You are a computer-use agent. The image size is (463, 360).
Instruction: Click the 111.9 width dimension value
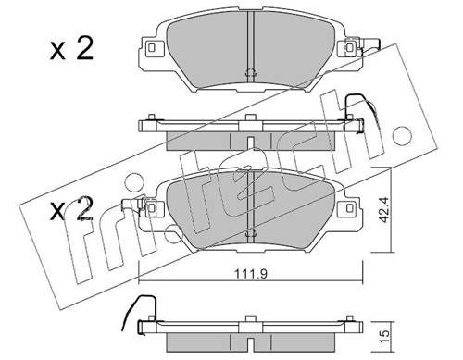(251, 274)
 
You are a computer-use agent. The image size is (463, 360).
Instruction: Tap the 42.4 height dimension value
(383, 210)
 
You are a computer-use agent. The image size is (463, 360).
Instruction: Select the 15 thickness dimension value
(384, 337)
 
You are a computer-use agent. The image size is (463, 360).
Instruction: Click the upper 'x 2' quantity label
(71, 49)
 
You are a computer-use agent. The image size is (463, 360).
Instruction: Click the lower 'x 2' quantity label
(71, 209)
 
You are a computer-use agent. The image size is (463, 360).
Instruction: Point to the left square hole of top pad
(152, 48)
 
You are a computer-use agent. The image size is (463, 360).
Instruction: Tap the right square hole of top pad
(350, 48)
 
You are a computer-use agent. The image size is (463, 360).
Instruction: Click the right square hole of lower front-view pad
(350, 208)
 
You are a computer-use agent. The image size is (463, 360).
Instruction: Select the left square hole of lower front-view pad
(151, 208)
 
